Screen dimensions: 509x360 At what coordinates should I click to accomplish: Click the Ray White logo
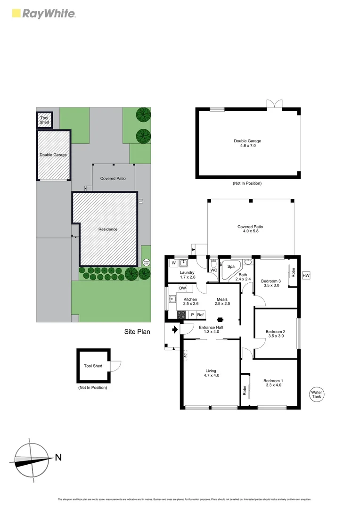42,13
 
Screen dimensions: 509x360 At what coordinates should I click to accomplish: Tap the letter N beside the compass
58,457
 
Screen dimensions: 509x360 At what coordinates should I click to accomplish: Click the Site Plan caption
137,332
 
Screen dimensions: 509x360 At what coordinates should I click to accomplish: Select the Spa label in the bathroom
231,266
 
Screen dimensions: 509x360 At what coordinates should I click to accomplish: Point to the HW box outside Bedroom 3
306,275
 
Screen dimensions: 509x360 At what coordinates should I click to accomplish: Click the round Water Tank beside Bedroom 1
316,394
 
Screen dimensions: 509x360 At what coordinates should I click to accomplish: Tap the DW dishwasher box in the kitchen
182,288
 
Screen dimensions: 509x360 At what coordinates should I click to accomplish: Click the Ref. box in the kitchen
200,314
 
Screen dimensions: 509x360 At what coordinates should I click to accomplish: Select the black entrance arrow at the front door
175,330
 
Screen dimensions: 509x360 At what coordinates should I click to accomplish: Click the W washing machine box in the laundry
174,263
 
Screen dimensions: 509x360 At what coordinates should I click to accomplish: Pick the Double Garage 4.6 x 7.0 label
247,143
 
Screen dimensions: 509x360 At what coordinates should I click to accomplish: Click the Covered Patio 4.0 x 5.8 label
250,229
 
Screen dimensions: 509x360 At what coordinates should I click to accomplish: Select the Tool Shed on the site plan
44,120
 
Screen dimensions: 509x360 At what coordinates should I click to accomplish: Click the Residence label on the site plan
107,230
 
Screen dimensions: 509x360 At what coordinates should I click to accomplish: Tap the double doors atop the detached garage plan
274,104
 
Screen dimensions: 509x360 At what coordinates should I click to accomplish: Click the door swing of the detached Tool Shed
115,366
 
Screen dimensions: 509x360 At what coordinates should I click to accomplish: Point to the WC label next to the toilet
213,270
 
